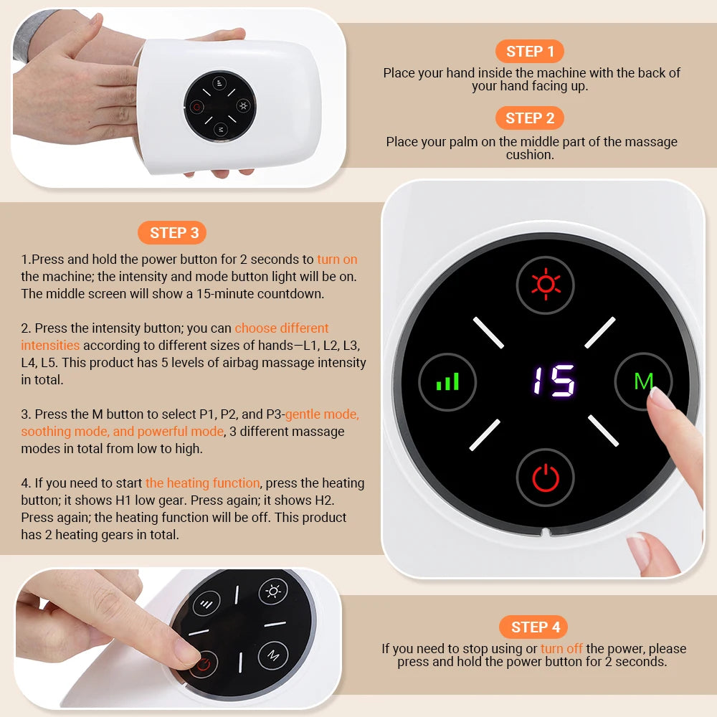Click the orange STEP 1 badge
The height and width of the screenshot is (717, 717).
click(x=530, y=52)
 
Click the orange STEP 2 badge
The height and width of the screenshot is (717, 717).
click(x=530, y=118)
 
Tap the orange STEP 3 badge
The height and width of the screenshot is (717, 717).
click(x=174, y=233)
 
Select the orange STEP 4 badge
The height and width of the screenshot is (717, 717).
click(x=534, y=627)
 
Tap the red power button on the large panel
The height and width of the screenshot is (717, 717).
click(x=546, y=478)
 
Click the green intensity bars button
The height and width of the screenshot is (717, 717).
click(x=447, y=381)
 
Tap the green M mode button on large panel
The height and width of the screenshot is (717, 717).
click(x=643, y=381)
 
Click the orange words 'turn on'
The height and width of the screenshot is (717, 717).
click(x=337, y=260)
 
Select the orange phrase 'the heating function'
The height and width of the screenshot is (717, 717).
click(x=202, y=483)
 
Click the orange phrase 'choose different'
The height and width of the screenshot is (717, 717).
click(x=282, y=328)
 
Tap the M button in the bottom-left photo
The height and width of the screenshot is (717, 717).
click(x=273, y=655)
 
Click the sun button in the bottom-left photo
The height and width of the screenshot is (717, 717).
click(x=273, y=592)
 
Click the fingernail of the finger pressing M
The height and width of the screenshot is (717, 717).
click(x=660, y=398)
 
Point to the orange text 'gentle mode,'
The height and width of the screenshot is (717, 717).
click(x=322, y=414)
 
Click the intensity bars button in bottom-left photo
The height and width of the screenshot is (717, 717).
click(x=207, y=604)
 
